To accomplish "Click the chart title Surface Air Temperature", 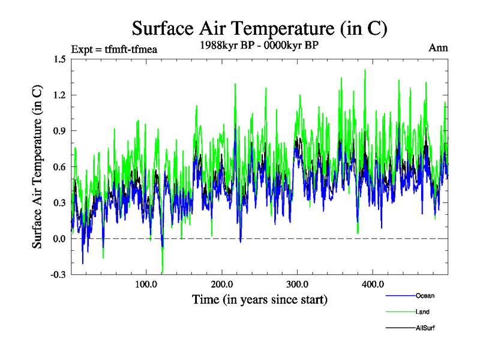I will pyautogui.click(x=259, y=29).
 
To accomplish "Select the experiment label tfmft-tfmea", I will pyautogui.click(x=113, y=49).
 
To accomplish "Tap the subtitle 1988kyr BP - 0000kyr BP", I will pyautogui.click(x=259, y=45).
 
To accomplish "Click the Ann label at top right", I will pyautogui.click(x=438, y=47).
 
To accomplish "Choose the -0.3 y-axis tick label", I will pyautogui.click(x=57, y=275).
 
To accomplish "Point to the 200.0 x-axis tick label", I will pyautogui.click(x=221, y=284).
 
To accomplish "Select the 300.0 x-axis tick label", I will pyautogui.click(x=297, y=284).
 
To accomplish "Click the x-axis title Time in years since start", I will pyautogui.click(x=259, y=299).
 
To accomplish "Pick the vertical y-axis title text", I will pyautogui.click(x=37, y=167).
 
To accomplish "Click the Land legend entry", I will pyautogui.click(x=422, y=312).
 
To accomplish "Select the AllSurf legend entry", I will pyautogui.click(x=424, y=328).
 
